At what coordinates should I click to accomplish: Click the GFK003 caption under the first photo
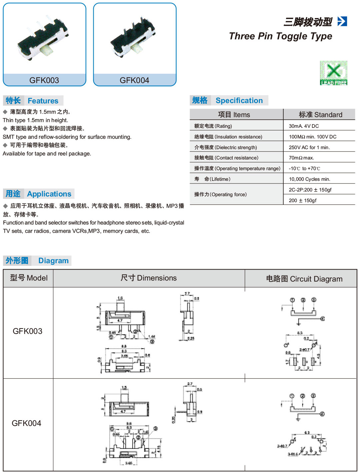(x=44, y=80)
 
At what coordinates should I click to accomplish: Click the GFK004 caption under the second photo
(x=134, y=80)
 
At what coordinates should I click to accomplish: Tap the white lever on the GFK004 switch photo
(x=137, y=48)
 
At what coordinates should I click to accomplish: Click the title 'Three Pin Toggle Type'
(x=280, y=36)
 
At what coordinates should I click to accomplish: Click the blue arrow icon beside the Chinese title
(x=342, y=21)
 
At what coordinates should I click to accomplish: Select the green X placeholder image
(x=333, y=73)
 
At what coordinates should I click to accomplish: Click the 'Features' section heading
(x=43, y=101)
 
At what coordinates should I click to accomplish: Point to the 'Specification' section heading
(x=239, y=100)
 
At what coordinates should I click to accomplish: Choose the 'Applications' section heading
(x=49, y=194)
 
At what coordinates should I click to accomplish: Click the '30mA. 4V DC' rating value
(x=304, y=126)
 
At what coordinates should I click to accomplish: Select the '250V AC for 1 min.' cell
(x=309, y=147)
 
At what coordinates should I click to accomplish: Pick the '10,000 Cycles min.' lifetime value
(x=309, y=179)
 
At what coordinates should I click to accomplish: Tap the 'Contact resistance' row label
(x=226, y=158)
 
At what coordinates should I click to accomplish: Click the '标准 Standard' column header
(x=320, y=115)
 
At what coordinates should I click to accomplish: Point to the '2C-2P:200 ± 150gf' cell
(x=310, y=190)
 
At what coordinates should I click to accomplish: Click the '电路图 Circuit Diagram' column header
(x=304, y=279)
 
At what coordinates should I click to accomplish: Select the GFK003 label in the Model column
(x=27, y=331)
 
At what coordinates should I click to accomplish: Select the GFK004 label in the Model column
(x=26, y=423)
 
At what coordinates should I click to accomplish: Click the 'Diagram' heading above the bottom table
(x=53, y=261)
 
